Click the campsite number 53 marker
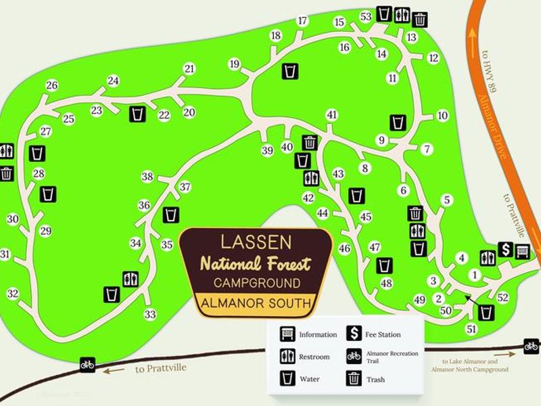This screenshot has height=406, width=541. (x=367, y=16)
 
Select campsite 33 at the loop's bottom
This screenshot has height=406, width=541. (x=150, y=314)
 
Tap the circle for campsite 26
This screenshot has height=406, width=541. (x=52, y=85)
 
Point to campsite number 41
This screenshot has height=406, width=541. (x=331, y=114)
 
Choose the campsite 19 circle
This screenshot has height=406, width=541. (x=235, y=64)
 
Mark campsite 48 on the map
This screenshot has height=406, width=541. (x=387, y=283)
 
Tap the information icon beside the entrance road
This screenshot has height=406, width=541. (x=522, y=252)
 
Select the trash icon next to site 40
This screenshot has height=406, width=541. (x=310, y=143)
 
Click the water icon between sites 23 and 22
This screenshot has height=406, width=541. (x=137, y=114)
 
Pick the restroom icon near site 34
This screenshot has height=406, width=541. (x=131, y=278)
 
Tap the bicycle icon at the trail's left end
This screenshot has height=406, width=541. (x=87, y=364)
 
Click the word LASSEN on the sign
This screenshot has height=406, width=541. (x=256, y=242)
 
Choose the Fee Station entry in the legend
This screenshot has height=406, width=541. (x=382, y=334)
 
